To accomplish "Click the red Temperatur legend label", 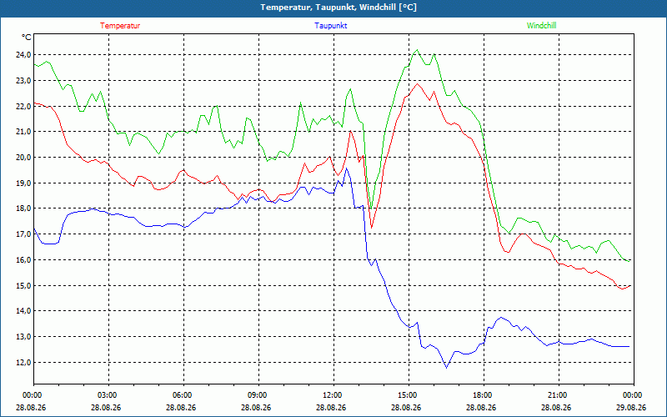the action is (120, 26).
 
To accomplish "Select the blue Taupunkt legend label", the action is (330, 26).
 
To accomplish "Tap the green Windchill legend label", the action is (541, 26).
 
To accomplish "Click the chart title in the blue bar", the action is (339, 8).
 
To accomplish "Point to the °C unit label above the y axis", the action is (27, 38).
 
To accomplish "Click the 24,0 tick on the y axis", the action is (23, 54).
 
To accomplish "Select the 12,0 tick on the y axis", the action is (23, 363).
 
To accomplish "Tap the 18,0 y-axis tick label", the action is (23, 208).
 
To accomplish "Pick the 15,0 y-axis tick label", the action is (23, 285).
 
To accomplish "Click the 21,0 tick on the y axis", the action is (23, 132).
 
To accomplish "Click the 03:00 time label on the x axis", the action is (108, 395).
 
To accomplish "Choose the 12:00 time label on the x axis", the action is (333, 395).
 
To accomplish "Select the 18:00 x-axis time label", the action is (484, 395).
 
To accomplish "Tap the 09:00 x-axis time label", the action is (258, 395).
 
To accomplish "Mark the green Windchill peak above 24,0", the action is (417, 50).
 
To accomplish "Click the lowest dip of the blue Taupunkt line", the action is (446, 368).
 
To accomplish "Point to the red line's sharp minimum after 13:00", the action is (371, 228).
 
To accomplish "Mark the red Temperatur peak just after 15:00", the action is (418, 83).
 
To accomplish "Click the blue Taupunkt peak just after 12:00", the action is (346, 168).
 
